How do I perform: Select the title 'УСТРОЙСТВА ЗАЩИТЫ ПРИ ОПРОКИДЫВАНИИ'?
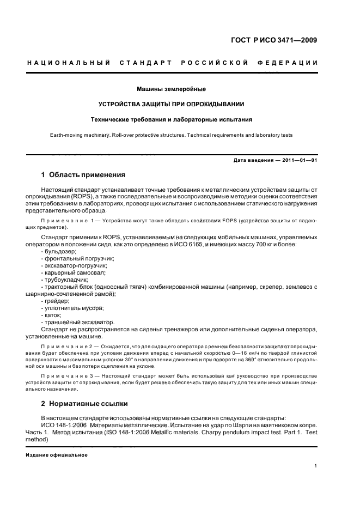(x=170, y=104)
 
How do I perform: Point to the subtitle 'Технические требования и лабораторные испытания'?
(x=170, y=119)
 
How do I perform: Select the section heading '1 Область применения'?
(x=83, y=175)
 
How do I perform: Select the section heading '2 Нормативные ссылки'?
(x=85, y=404)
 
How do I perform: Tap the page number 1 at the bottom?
(x=316, y=466)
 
